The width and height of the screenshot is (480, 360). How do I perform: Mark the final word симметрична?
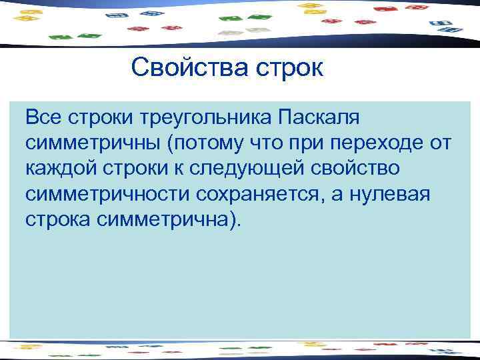(166, 219)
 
